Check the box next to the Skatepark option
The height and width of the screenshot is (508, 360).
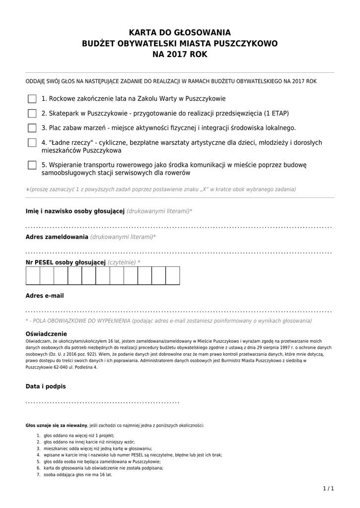pos(32,113)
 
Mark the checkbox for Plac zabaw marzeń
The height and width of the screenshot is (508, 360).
pos(32,128)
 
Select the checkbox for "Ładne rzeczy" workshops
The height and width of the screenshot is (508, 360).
pos(32,143)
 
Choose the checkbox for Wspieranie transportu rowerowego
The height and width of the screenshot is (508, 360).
pos(32,165)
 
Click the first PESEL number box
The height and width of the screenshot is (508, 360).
pos(33,275)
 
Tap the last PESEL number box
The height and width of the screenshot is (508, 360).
pos(172,275)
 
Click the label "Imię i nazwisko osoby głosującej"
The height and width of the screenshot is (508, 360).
pos(74,211)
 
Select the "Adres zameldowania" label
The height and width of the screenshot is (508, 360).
pos(57,237)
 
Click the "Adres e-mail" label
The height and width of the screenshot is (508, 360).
pos(45,296)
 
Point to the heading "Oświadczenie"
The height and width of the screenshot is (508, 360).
pos(46,334)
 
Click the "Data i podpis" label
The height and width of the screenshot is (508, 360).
pos(46,386)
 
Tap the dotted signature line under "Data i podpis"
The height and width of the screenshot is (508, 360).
pos(102,401)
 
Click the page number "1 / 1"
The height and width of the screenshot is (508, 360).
pos(328,489)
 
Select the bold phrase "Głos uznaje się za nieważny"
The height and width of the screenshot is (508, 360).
pos(57,426)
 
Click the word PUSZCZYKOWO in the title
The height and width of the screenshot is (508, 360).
pos(245,44)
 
